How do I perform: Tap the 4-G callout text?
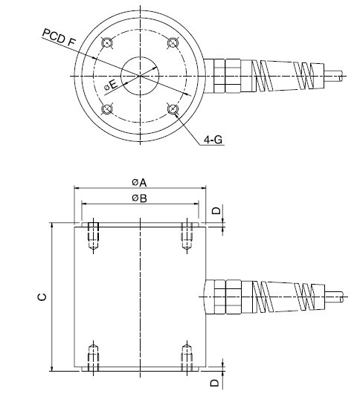(x=216, y=140)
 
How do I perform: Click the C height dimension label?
(x=42, y=297)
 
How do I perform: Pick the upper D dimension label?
(x=216, y=211)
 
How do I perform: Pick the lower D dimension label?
(x=216, y=383)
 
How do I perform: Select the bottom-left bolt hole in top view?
(x=106, y=110)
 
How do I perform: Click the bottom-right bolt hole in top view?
(x=173, y=110)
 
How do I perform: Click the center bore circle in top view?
(x=140, y=75)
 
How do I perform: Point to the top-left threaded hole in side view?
(x=92, y=235)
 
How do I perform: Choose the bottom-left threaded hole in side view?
(x=92, y=357)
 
